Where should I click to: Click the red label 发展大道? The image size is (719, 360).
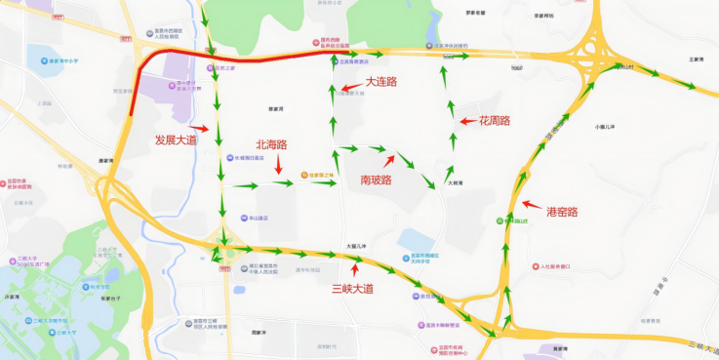pos(176,140)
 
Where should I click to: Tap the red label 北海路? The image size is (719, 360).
pos(271,144)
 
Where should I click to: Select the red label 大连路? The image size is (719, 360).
pos(381,82)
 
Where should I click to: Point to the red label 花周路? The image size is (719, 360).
pos(495,121)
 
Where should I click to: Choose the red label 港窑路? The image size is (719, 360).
pos(562,211)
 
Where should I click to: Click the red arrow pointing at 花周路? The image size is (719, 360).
pos(468,122)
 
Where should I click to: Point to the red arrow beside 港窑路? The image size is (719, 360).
pos(532,205)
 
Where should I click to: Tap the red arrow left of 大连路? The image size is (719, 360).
pos(349,89)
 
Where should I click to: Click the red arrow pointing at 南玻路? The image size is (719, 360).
pos(389,160)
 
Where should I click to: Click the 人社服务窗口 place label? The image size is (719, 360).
pos(559,266)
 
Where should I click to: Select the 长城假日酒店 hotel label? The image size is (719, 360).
pos(249,157)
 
